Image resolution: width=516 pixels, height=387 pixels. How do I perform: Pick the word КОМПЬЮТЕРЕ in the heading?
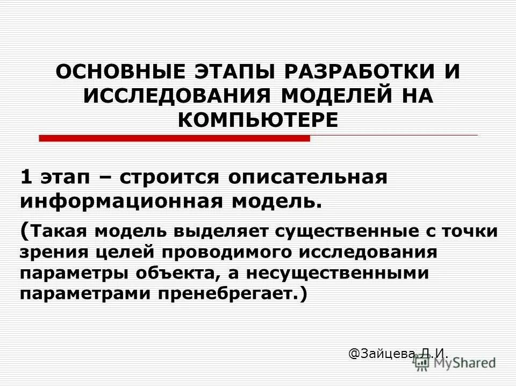[258, 119]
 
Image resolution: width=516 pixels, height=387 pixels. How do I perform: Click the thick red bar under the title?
[174, 138]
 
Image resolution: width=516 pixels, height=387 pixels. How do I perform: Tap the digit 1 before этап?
[25, 178]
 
